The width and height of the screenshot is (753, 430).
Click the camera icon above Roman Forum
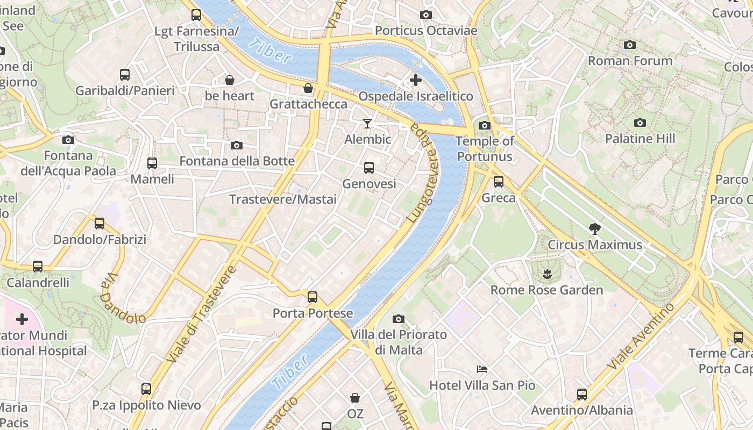point(630,45)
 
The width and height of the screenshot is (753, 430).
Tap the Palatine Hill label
point(640,139)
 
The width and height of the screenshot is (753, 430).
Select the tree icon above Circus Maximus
point(594,229)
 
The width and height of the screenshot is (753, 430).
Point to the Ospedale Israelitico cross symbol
point(415,81)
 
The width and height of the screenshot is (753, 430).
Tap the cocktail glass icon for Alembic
point(367,124)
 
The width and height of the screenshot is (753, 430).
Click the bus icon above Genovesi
point(368,168)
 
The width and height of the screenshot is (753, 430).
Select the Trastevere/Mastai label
point(283,199)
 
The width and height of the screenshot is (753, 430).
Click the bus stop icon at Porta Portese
point(312,297)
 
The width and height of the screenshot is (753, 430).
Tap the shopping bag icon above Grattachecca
point(308,88)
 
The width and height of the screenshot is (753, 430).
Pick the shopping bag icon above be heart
point(230,81)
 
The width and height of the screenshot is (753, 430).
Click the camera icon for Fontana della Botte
point(237,146)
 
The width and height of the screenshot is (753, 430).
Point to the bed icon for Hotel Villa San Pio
point(482,369)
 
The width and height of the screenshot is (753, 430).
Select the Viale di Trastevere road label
point(202,314)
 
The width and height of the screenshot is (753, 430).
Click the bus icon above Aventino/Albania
point(581,395)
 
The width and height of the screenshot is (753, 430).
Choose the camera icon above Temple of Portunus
point(484,126)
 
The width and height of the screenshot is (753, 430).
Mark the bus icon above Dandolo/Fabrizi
point(100,224)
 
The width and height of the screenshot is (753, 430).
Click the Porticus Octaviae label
point(426,31)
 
